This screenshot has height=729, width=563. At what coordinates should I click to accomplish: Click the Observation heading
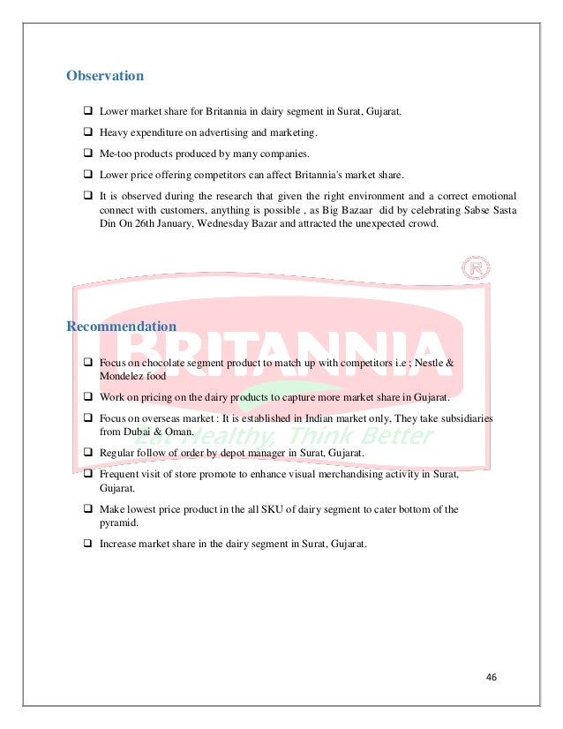pyautogui.click(x=105, y=76)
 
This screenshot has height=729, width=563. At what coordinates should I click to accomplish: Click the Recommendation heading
pyautogui.click(x=122, y=327)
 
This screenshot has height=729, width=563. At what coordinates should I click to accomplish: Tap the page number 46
pyautogui.click(x=492, y=677)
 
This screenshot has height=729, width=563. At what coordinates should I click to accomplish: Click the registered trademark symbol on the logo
pyautogui.click(x=476, y=267)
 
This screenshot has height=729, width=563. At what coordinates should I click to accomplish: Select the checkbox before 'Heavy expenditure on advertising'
pyautogui.click(x=88, y=133)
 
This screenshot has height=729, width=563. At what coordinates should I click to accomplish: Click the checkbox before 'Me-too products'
pyautogui.click(x=88, y=154)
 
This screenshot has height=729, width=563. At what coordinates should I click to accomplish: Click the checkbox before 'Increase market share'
pyautogui.click(x=88, y=544)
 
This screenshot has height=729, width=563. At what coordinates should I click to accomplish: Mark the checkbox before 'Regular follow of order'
pyautogui.click(x=88, y=452)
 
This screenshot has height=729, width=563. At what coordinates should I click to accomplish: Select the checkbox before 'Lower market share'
pyautogui.click(x=88, y=112)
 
